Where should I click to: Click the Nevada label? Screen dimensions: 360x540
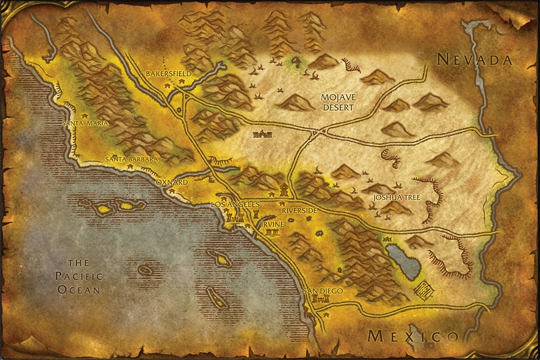474,60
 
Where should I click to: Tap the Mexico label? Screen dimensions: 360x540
412,336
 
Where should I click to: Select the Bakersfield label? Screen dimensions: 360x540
169,73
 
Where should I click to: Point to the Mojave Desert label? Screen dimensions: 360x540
337,102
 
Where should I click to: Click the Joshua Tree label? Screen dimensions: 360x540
396,197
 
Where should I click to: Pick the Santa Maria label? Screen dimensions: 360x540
86,123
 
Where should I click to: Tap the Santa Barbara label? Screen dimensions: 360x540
131,159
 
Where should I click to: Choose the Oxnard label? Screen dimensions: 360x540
171,182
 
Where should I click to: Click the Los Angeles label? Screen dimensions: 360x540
235,204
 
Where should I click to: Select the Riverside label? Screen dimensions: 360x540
299,210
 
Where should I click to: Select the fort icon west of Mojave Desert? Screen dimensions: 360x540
262,134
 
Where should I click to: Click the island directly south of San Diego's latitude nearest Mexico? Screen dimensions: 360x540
216,297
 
